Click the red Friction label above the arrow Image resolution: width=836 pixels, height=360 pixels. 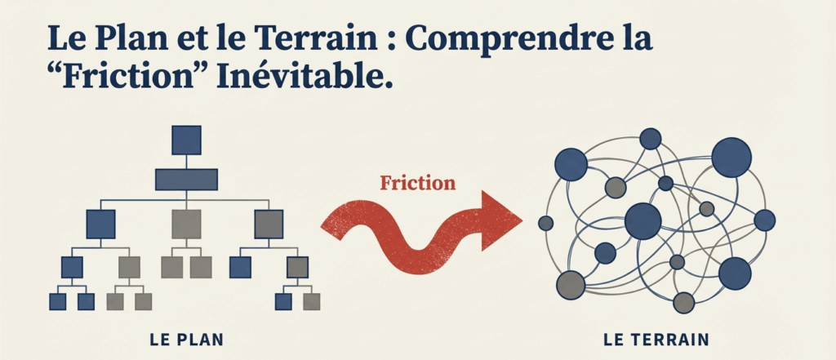click(417, 182)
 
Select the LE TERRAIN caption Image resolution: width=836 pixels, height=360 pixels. click(656, 338)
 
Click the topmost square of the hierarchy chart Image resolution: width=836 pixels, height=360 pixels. click(186, 140)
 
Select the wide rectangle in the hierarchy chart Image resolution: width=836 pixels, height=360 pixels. click(186, 179)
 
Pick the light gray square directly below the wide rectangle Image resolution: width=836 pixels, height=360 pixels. click(186, 223)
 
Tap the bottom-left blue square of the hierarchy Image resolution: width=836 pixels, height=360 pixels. click(58, 301)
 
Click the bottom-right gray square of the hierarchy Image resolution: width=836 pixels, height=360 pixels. click(312, 301)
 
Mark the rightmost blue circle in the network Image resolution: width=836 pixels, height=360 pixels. click(764, 220)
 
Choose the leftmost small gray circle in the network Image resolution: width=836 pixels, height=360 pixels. click(546, 222)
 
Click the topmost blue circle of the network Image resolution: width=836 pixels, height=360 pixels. click(650, 139)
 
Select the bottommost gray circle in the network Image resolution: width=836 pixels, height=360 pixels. click(683, 303)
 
